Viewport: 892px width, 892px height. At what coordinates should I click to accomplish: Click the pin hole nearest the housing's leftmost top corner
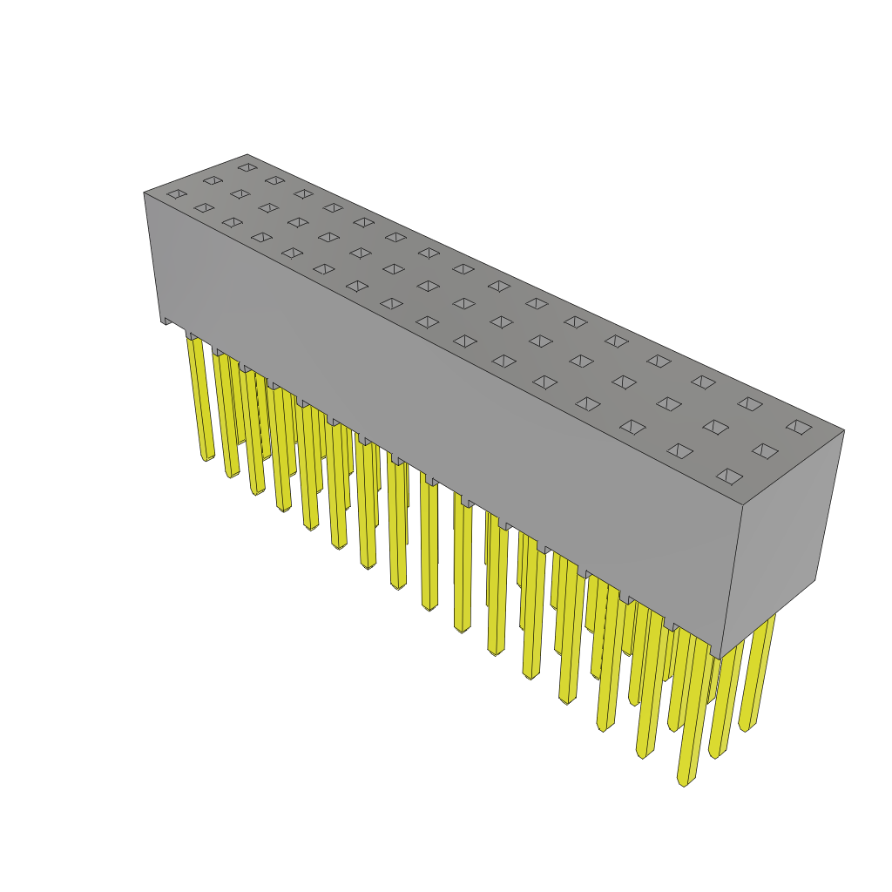tap(177, 194)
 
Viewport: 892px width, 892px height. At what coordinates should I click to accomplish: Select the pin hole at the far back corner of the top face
tap(248, 167)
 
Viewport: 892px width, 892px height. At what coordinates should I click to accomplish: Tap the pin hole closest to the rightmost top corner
tap(799, 427)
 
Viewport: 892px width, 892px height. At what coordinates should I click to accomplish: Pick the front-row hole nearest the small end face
tap(729, 476)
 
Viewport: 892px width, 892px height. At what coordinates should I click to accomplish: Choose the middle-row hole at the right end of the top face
tap(765, 451)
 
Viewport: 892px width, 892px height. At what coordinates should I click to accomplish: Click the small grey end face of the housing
tap(781, 540)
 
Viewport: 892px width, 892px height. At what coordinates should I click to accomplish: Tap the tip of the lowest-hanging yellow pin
tap(683, 781)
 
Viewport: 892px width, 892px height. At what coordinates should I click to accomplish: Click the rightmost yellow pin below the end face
tap(757, 671)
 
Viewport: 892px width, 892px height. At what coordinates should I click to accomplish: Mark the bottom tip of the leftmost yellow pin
tap(207, 457)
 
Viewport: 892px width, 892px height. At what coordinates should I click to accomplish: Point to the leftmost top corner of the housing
tap(145, 193)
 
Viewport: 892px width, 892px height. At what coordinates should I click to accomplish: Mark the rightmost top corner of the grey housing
tap(843, 430)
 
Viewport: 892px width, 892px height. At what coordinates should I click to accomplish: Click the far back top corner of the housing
tap(247, 155)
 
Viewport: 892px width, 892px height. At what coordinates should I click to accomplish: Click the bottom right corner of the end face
tap(815, 580)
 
